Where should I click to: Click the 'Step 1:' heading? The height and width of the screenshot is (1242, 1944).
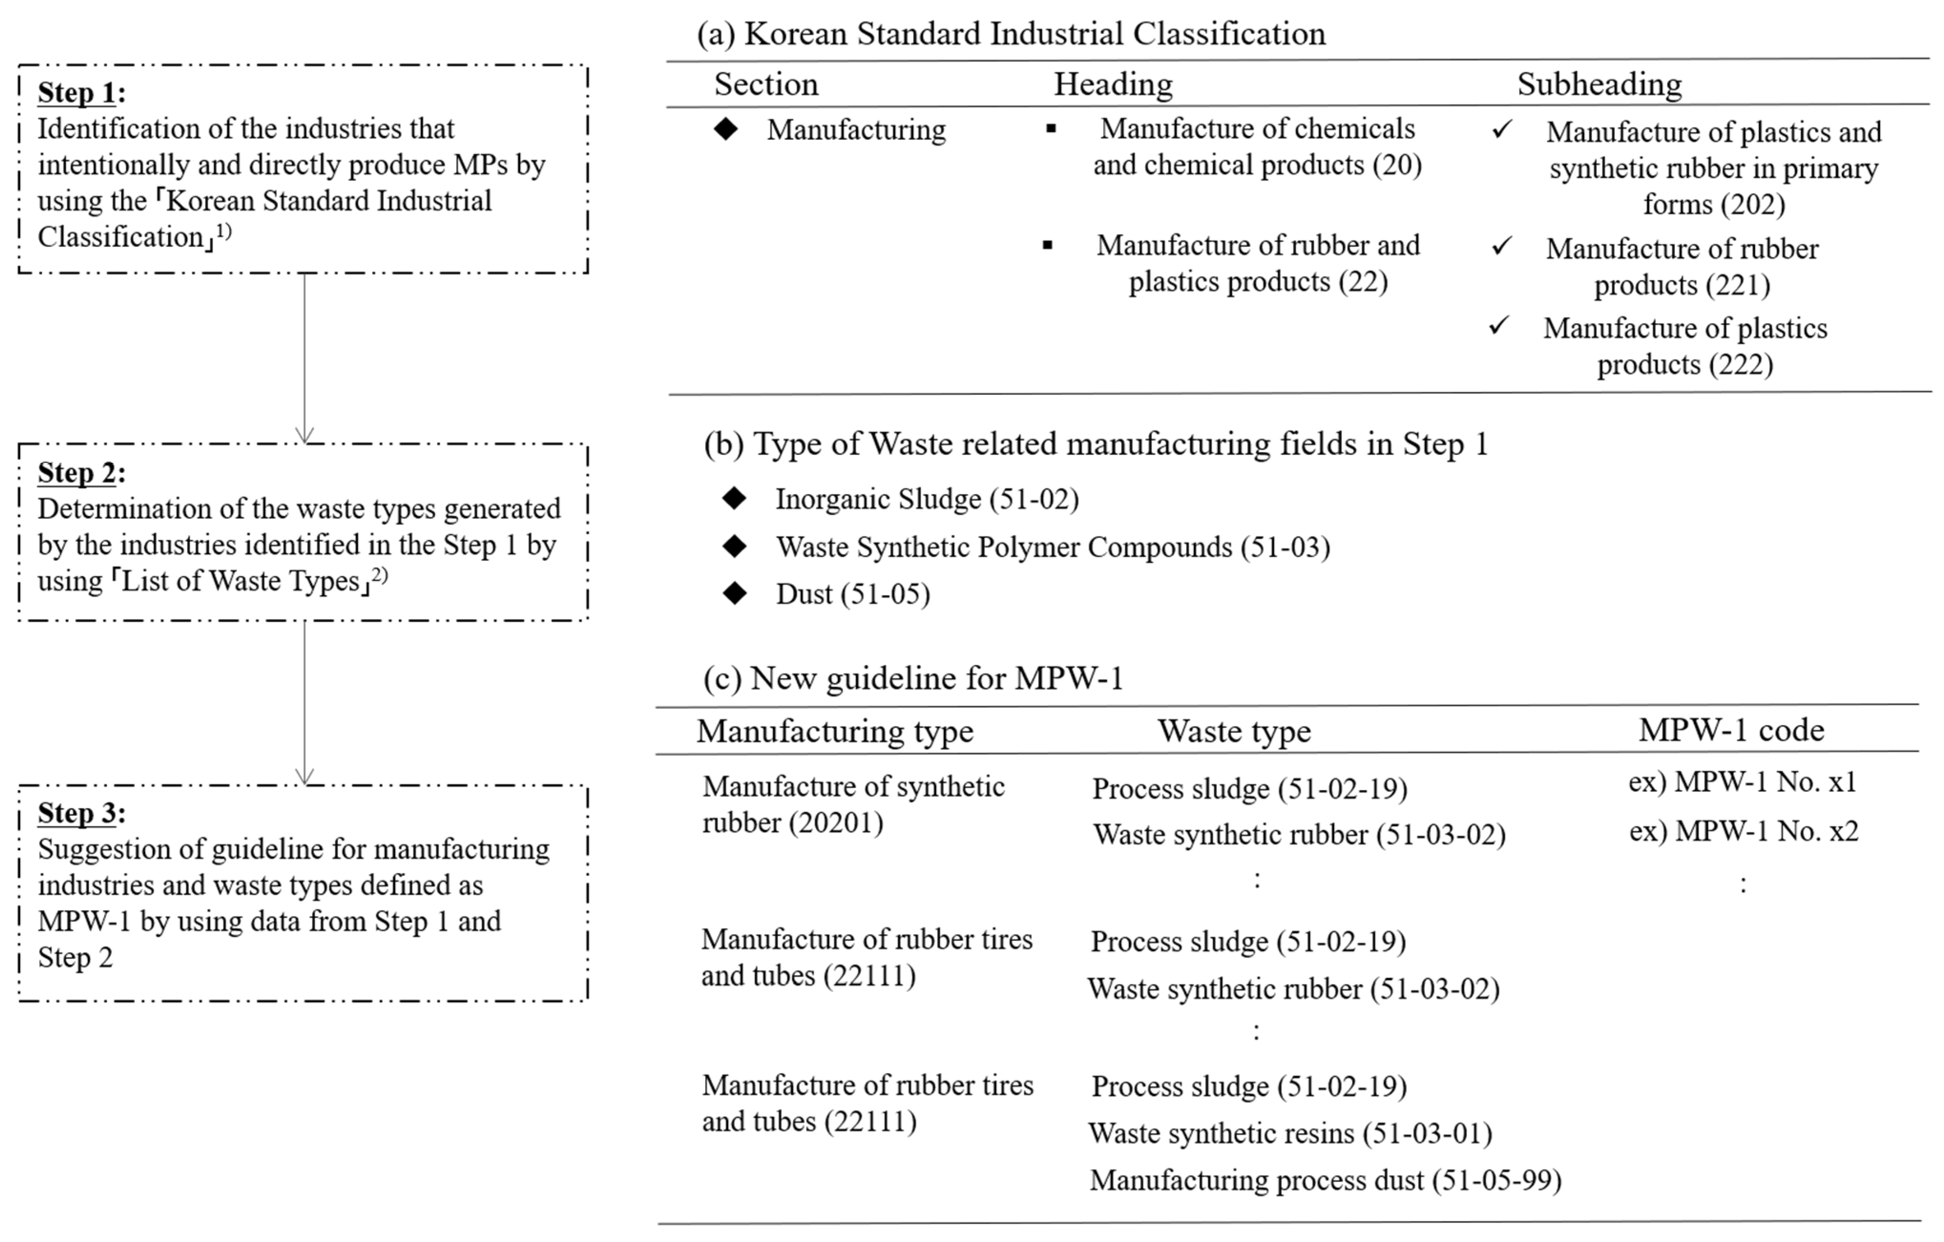tap(81, 93)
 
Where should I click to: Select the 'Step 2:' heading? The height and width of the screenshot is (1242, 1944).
tap(81, 473)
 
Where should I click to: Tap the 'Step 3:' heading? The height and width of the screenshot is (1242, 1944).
tap(81, 813)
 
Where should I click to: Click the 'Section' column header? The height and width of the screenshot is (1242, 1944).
tap(765, 84)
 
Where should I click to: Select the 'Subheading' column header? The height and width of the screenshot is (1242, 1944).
tap(1599, 84)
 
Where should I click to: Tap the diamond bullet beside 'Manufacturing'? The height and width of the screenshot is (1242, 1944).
tap(726, 129)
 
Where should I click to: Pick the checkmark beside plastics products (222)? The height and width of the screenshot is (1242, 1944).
tap(1499, 326)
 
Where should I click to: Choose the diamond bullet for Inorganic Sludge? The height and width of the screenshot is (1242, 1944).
tap(734, 498)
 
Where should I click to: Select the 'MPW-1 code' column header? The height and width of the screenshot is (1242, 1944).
tap(1731, 730)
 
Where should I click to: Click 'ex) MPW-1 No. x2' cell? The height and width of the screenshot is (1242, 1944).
tap(1743, 831)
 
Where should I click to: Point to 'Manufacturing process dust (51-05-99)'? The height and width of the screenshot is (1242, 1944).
tap(1325, 1180)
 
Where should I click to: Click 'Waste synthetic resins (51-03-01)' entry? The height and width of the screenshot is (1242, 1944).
tap(1289, 1133)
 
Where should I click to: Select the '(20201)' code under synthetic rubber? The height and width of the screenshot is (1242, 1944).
tap(836, 823)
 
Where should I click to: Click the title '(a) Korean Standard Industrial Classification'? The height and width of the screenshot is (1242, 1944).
tap(1011, 34)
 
